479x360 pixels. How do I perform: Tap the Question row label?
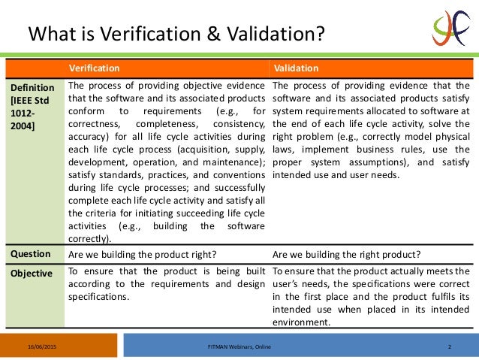[30, 253]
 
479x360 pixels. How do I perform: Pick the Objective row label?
[32, 273]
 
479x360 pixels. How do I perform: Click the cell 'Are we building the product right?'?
[143, 254]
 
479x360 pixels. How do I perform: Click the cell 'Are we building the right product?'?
[346, 254]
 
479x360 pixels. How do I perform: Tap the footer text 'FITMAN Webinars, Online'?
[239, 346]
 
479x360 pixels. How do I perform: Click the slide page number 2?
[448, 346]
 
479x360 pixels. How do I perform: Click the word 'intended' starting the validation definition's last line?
[292, 175]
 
